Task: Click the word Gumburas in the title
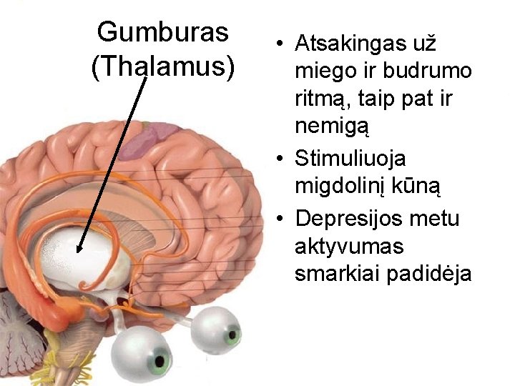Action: coord(163,31)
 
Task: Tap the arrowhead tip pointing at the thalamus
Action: coord(79,252)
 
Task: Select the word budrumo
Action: coord(431,72)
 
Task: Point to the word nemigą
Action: coord(331,129)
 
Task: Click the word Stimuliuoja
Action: coord(350,157)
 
